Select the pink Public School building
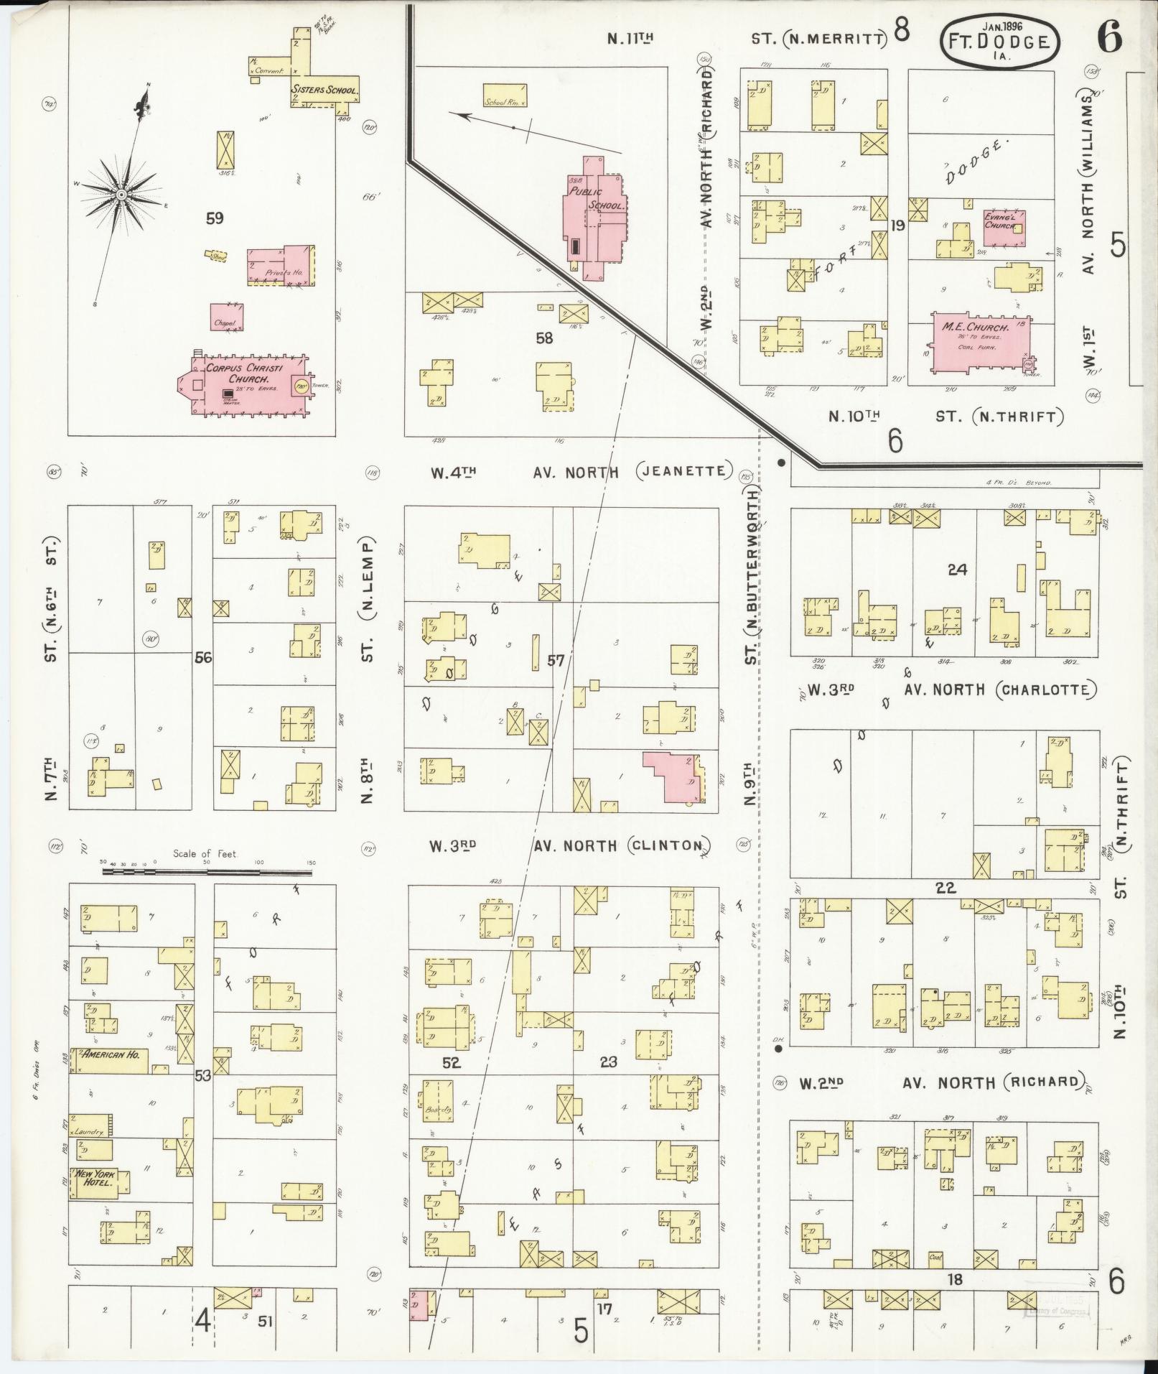[594, 219]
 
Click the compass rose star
[123, 194]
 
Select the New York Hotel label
[97, 1178]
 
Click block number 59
[215, 218]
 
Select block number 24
[957, 570]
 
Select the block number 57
[556, 660]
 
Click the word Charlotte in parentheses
[1045, 690]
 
